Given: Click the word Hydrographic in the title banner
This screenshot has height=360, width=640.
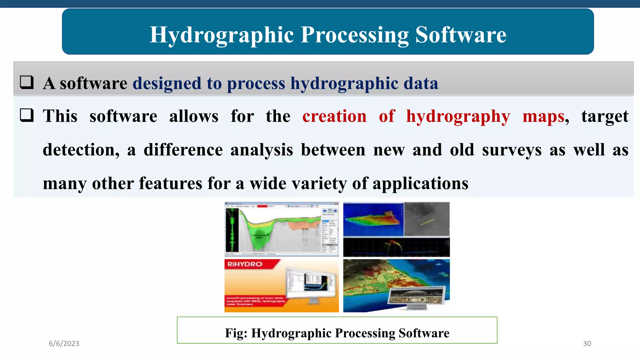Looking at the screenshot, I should pos(222,35).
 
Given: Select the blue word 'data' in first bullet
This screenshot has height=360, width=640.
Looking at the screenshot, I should pos(421,83).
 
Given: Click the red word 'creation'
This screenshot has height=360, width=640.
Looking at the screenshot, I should pos(334,116).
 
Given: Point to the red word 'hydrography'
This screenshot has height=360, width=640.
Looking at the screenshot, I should pos(458,116).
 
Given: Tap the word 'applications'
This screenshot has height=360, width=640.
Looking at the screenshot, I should pos(420,183).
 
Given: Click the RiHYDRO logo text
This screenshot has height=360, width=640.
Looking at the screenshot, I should pos(245,264).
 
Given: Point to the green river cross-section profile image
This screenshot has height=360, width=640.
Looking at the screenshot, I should pos(281,229).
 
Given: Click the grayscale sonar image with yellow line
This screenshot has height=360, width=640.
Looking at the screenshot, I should pos(427,219).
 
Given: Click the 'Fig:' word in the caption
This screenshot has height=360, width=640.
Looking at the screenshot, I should pos(236,333).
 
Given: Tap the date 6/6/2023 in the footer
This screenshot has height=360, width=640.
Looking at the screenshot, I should pos(64,343).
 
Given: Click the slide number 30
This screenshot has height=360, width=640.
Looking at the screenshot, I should pos(587,343).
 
